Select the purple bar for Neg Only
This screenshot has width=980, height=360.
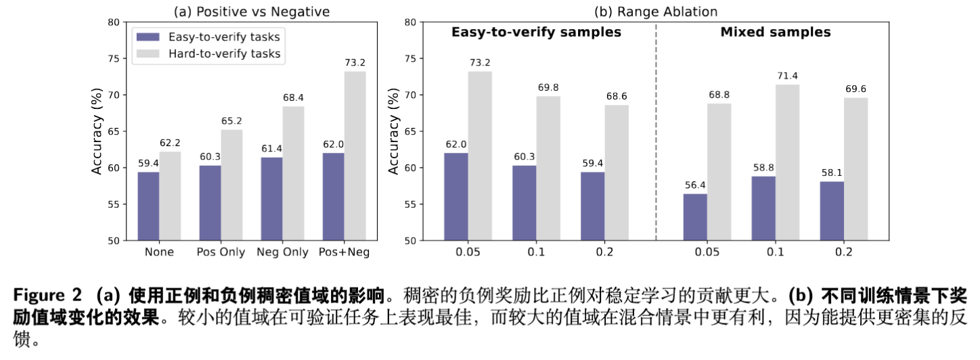271,199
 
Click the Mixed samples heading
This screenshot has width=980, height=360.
775,32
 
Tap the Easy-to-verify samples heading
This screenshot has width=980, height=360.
536,32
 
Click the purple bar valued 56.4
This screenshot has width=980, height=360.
695,217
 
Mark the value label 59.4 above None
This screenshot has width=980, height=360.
149,163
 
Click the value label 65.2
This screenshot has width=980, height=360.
233,121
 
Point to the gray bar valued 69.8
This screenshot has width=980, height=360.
548,168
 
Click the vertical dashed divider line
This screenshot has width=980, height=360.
656,135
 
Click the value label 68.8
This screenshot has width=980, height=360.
719,95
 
